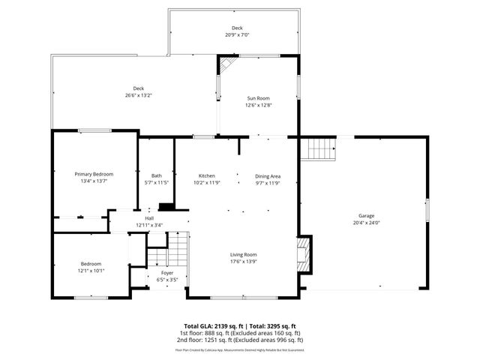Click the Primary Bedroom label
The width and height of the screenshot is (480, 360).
94,174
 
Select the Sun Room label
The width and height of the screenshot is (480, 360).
259,98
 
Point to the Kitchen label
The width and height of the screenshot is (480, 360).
207,175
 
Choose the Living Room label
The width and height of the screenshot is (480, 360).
244,254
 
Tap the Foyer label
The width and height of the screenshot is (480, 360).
167,273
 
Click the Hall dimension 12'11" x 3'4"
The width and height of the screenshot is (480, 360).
149,225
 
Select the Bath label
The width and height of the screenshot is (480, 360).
156,175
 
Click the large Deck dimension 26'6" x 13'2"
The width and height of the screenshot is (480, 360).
139,95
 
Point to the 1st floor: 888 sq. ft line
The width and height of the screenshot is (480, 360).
239,333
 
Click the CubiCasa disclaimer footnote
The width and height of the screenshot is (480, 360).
239,349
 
